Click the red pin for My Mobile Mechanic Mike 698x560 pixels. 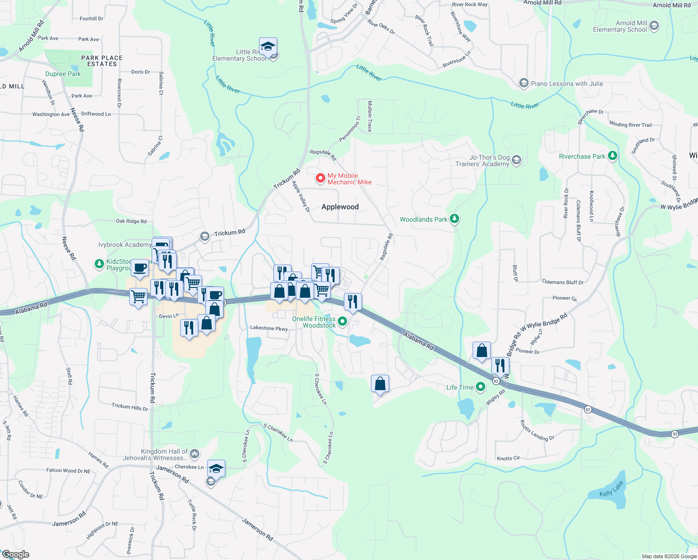[320, 178]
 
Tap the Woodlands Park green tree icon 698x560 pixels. [454, 219]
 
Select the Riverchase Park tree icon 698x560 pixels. [613, 156]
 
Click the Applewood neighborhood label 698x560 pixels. [340, 207]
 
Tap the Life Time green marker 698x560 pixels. [481, 387]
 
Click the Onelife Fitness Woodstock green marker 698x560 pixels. [342, 321]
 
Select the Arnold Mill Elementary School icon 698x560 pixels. [654, 26]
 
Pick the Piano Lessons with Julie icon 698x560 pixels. [523, 84]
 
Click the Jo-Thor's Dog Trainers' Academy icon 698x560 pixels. [516, 161]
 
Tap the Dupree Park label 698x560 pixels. [63, 74]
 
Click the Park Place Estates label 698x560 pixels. [102, 61]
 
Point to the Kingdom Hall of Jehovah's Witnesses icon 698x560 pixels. [195, 453]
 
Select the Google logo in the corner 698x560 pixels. [15, 554]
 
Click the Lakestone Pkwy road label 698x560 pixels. [269, 328]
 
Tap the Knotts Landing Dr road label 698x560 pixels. [537, 431]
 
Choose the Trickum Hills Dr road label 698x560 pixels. [130, 407]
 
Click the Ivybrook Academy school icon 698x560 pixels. [204, 237]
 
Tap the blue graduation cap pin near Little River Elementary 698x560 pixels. [268, 46]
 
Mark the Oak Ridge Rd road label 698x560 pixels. [131, 221]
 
